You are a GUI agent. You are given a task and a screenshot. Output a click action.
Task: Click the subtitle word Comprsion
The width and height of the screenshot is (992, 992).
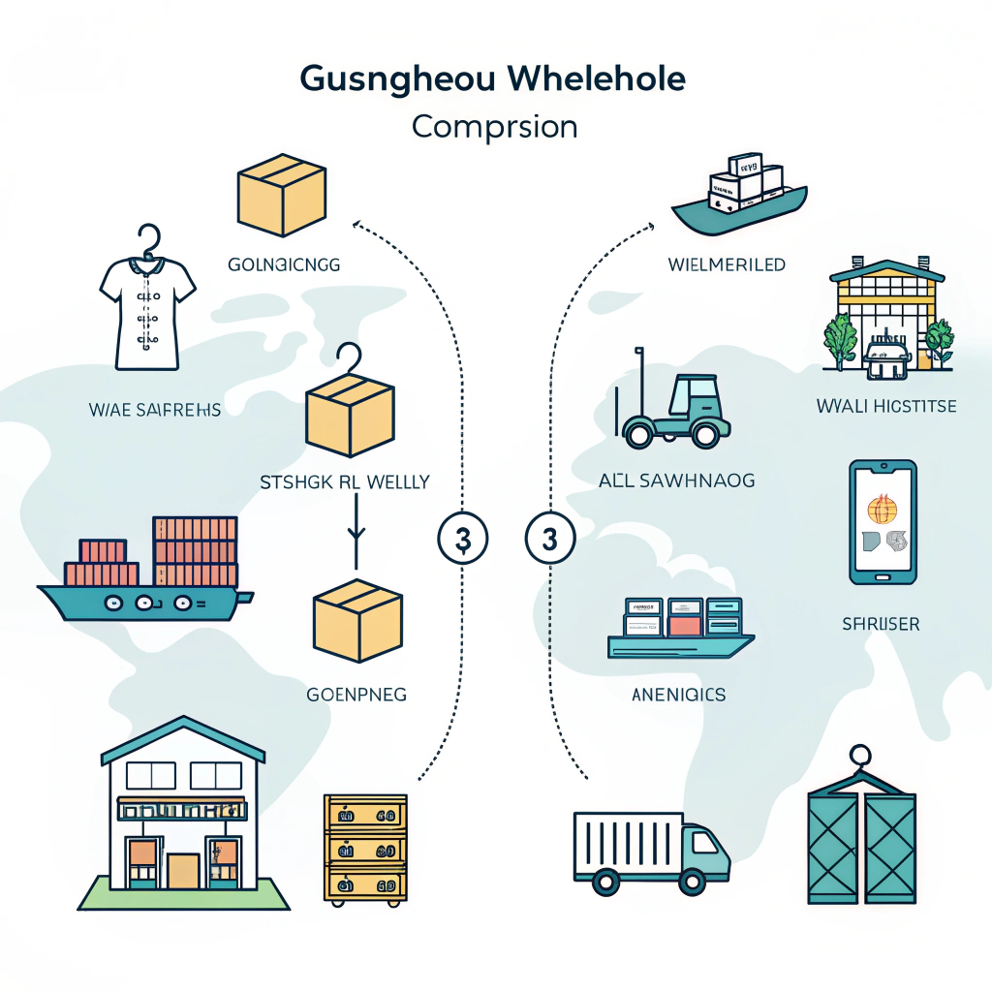coord(494,127)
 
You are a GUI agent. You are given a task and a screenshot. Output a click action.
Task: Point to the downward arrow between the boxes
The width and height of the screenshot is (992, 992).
coord(356,532)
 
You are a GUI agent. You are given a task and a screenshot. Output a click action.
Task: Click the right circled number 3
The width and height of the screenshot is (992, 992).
coord(549,538)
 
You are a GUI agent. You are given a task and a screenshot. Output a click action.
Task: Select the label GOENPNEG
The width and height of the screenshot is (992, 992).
coord(356,694)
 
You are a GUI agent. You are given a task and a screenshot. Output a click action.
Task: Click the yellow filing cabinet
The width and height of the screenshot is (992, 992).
coord(364,846)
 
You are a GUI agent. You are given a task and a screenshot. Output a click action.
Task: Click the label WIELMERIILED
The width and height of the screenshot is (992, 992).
coord(727,263)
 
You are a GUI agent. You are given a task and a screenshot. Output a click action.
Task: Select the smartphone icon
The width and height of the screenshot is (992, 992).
coord(883,523)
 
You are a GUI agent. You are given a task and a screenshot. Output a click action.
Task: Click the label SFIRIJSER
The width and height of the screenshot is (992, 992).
coord(881,625)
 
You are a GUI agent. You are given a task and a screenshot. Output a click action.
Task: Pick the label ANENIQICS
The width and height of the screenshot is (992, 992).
coord(678,694)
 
